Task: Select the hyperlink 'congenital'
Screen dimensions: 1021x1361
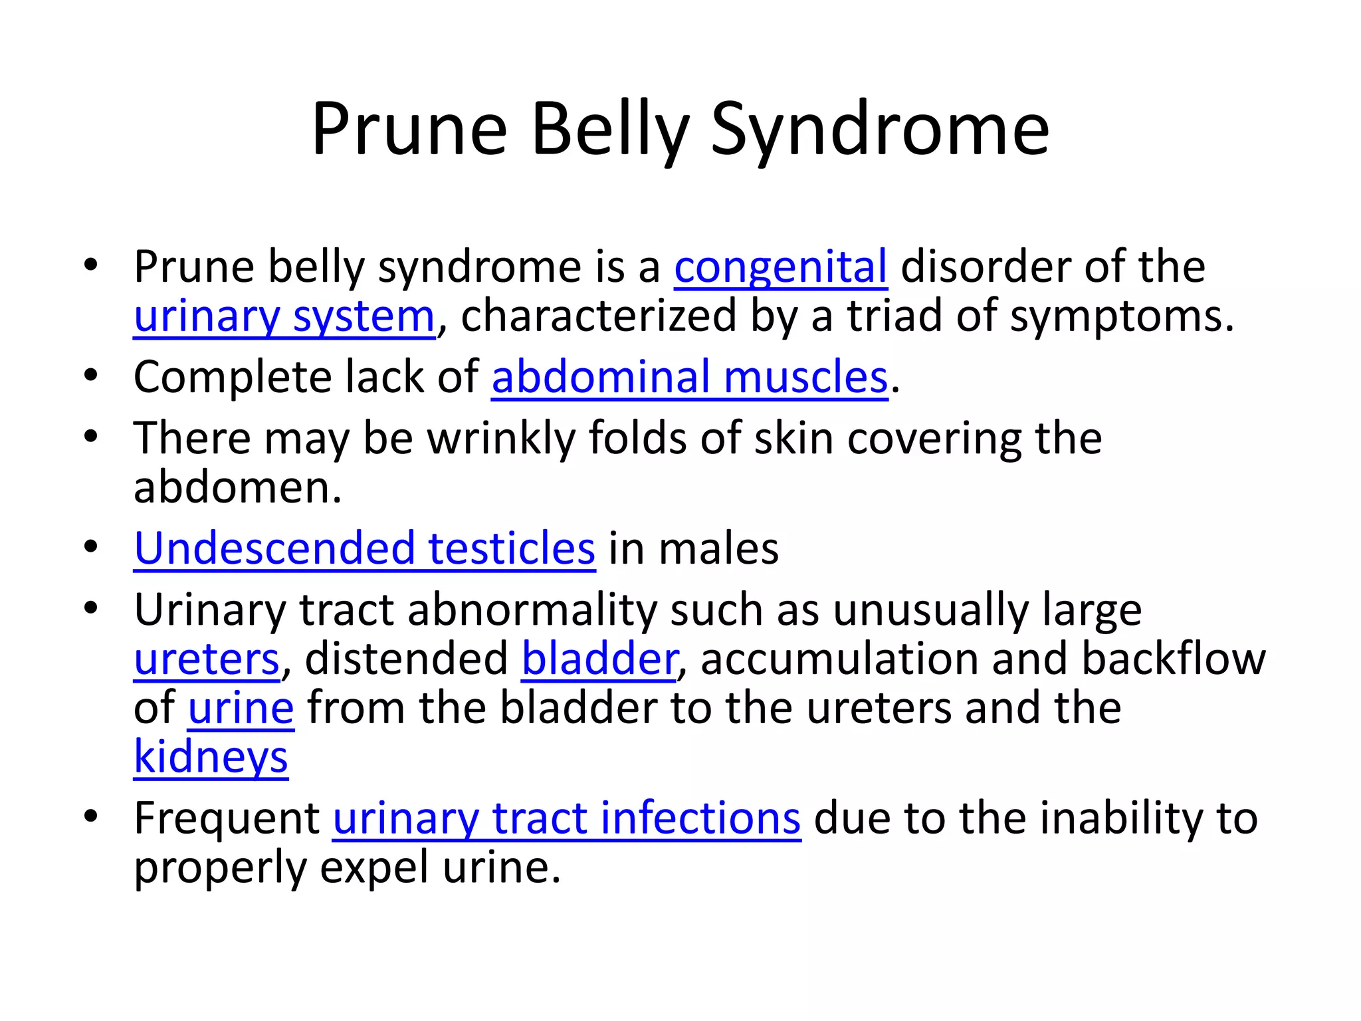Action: click(780, 267)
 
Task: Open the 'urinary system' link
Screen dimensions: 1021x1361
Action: click(284, 316)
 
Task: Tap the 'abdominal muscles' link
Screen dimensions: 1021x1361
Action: click(689, 378)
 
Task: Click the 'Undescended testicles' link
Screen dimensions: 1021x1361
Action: click(364, 549)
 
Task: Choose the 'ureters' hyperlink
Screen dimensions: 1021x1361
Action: click(207, 659)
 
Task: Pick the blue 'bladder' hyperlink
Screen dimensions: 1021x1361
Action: click(599, 659)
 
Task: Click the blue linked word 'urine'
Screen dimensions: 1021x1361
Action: click(241, 709)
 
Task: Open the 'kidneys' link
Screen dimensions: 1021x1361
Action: click(211, 758)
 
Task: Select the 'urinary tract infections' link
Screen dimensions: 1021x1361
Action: click(566, 819)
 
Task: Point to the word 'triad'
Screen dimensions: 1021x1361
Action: click(894, 316)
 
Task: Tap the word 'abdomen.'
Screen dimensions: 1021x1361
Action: click(237, 489)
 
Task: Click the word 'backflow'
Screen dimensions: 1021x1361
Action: click(1173, 659)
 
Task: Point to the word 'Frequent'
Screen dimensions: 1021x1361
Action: click(227, 819)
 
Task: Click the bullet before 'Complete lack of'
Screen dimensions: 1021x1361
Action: click(91, 376)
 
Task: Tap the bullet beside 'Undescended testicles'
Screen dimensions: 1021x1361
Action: click(91, 547)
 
